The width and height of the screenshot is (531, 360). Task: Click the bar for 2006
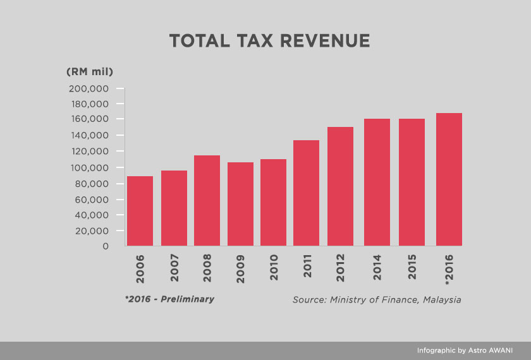tap(140, 211)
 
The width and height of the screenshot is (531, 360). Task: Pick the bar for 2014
tap(377, 183)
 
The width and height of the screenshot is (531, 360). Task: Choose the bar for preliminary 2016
tap(449, 179)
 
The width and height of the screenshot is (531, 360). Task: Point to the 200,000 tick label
tap(88, 88)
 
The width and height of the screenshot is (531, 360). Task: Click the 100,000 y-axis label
tap(88, 167)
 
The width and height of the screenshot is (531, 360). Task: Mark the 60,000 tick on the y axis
tap(91, 199)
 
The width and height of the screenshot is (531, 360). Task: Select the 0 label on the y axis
tap(105, 246)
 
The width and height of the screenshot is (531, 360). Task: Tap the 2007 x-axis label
tap(174, 268)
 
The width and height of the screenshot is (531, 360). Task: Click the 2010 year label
tap(274, 268)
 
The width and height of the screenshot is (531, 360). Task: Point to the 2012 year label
tap(340, 268)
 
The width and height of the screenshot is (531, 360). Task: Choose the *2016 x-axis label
tap(449, 270)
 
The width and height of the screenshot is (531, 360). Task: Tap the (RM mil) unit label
tap(90, 71)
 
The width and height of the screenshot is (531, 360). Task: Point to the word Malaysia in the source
tap(441, 299)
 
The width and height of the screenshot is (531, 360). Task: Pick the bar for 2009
tap(240, 204)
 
